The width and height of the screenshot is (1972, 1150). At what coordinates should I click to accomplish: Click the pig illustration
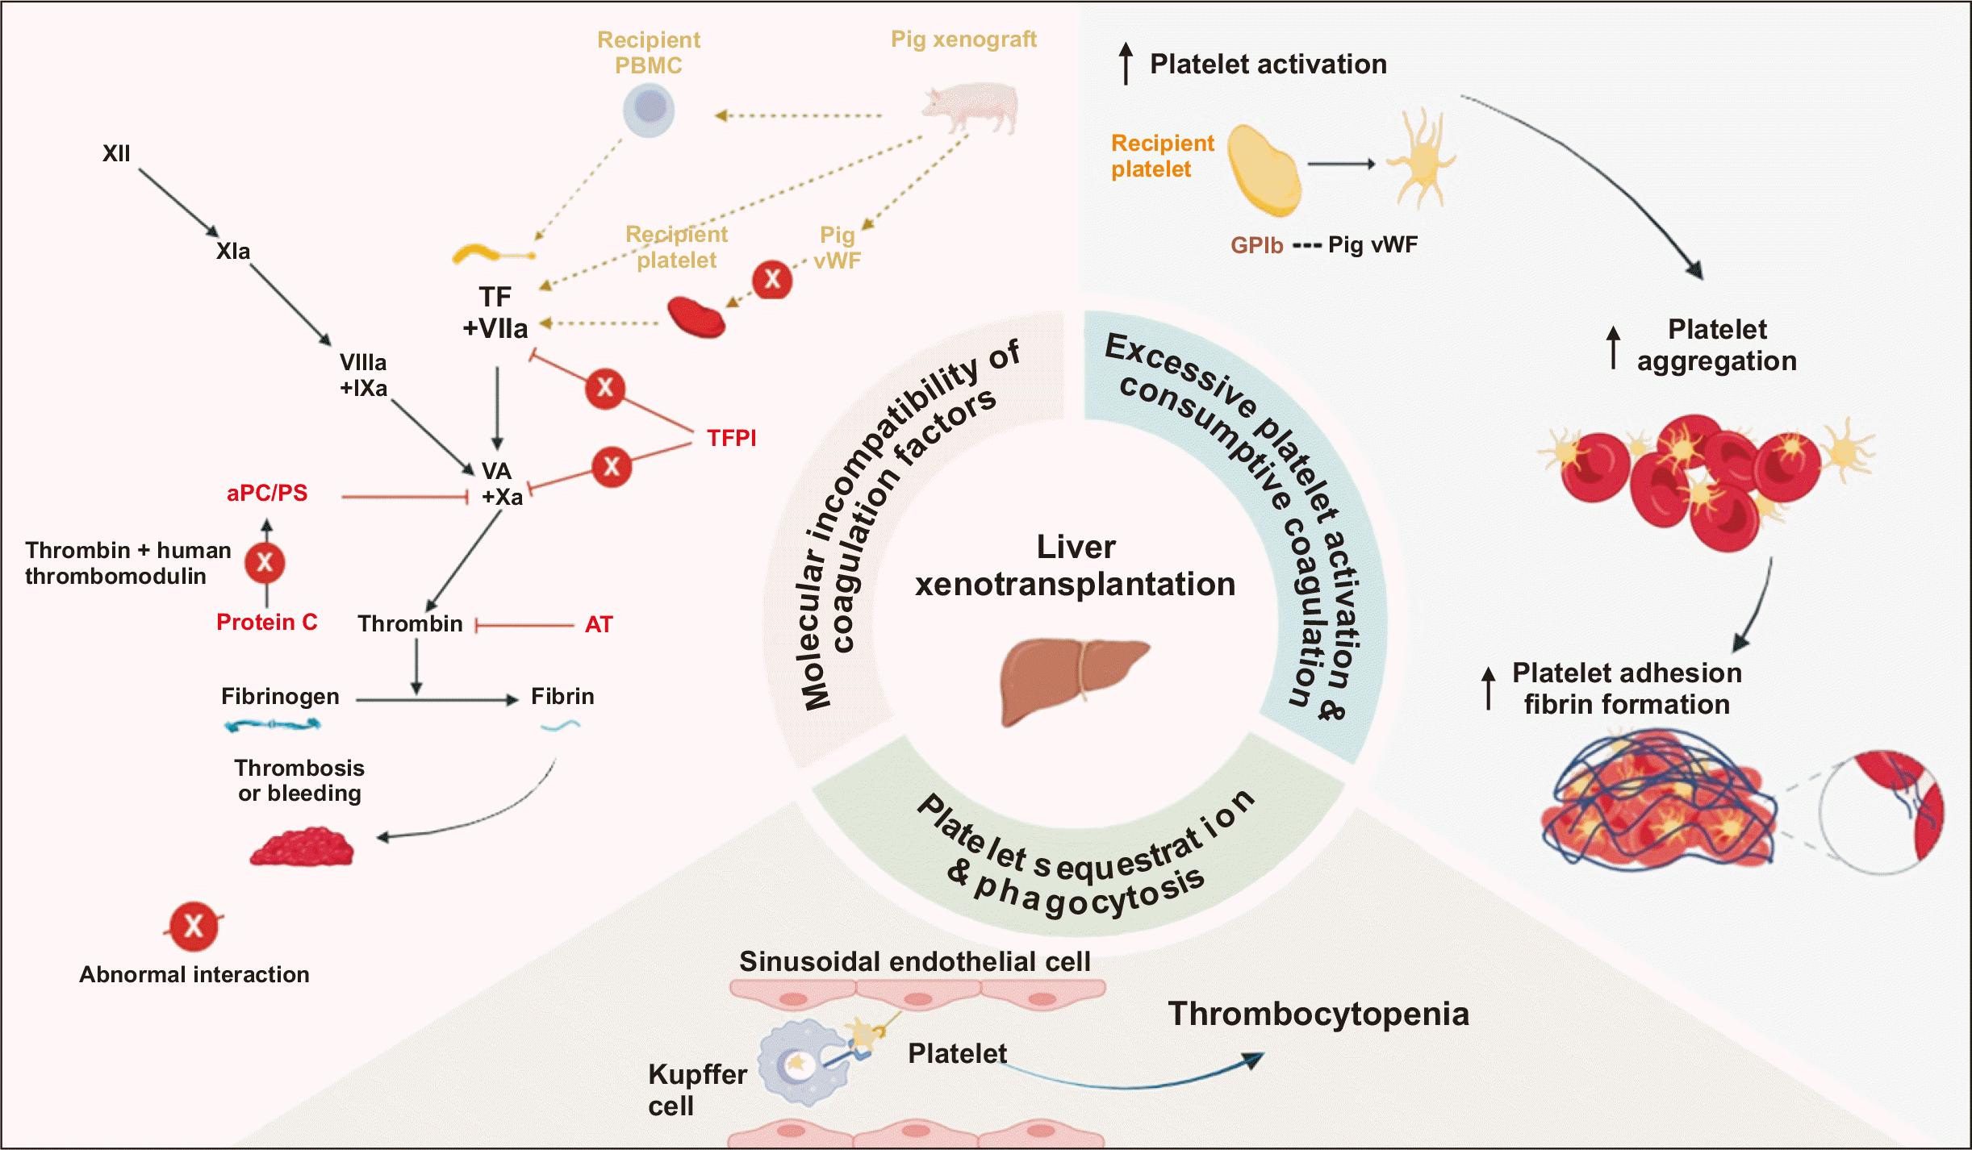(x=971, y=107)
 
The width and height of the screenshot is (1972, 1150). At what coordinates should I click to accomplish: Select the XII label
(x=116, y=153)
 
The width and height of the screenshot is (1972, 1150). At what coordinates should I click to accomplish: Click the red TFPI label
(x=731, y=438)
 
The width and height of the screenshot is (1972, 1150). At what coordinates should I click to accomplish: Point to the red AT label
(x=599, y=624)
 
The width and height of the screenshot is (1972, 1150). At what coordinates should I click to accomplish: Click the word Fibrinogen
(x=280, y=696)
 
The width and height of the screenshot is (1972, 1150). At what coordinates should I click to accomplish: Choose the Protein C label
(x=266, y=622)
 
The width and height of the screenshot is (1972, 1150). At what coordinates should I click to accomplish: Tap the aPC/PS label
(x=267, y=493)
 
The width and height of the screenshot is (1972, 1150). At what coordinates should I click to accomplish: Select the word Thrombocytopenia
(x=1318, y=1014)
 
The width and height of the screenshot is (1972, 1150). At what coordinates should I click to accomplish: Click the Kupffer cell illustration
(x=802, y=1062)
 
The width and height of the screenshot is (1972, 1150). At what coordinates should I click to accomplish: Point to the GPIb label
(x=1256, y=245)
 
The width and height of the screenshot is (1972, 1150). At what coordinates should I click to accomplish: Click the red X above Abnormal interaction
(x=194, y=926)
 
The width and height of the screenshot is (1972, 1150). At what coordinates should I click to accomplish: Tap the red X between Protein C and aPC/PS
(x=265, y=563)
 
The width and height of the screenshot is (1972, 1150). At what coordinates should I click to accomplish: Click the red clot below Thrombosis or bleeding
(x=303, y=848)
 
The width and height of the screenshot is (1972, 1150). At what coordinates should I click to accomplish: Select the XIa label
(x=233, y=251)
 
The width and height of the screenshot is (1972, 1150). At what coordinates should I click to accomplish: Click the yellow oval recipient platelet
(x=1263, y=170)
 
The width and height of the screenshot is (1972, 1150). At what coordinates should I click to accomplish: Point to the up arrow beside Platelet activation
(x=1126, y=64)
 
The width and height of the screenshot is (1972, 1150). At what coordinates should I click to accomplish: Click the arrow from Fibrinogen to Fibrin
(x=436, y=700)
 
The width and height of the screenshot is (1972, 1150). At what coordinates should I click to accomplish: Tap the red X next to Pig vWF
(x=772, y=279)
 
